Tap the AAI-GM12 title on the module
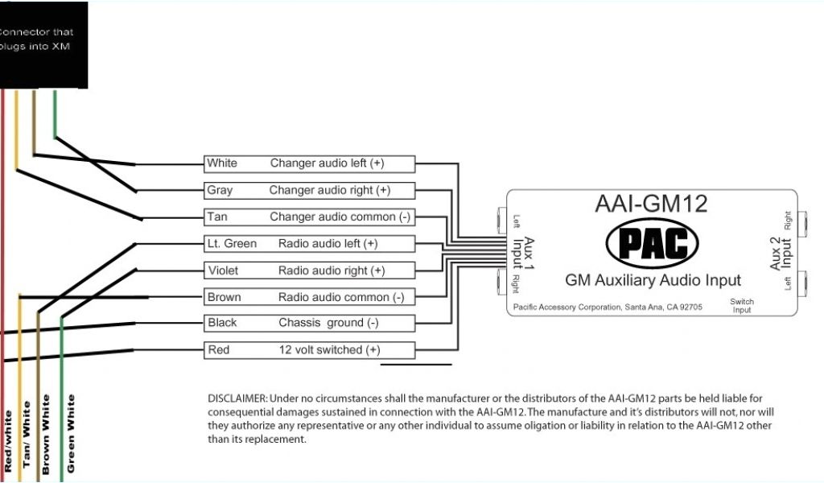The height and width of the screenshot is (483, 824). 652,204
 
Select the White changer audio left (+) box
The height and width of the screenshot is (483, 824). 309,163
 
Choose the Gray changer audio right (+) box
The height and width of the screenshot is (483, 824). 309,191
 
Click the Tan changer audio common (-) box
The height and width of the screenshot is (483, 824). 309,217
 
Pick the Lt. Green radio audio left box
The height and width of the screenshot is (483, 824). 309,244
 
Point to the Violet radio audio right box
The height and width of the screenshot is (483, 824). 309,270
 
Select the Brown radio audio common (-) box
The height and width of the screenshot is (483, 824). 309,297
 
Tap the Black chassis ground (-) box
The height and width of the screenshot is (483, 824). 309,324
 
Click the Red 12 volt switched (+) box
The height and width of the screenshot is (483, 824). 309,350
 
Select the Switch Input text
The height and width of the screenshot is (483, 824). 742,306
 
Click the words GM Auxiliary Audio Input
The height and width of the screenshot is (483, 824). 653,280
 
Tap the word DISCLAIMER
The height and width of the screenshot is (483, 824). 237,398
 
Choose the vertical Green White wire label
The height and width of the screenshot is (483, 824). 71,433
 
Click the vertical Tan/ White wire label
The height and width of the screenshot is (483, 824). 27,435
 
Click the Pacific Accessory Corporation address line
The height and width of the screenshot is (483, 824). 608,307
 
